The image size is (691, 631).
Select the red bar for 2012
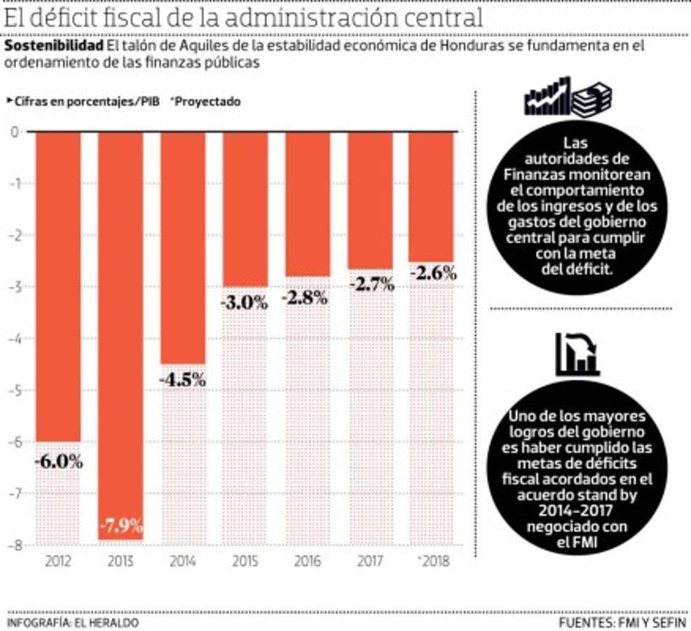tap(58, 280)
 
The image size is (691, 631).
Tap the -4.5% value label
tap(182, 380)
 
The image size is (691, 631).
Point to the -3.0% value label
tap(244, 303)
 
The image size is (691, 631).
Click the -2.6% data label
tap(432, 273)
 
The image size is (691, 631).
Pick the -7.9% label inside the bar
tap(121, 524)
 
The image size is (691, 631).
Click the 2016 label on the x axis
tap(307, 562)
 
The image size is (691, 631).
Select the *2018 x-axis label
tap(431, 562)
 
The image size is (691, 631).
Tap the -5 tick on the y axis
tap(15, 390)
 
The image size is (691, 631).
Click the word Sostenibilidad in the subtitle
tap(53, 46)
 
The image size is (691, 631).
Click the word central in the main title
tap(444, 18)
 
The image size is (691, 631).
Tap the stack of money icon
tap(591, 98)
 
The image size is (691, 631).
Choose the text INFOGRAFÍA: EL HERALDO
tap(73, 622)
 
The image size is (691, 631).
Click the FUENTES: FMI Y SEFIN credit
tap(622, 622)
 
